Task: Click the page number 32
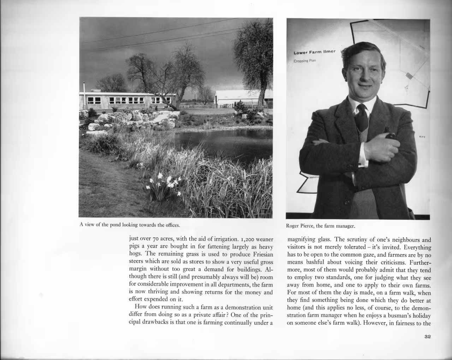428,337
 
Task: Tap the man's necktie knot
361,108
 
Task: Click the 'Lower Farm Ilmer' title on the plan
314,52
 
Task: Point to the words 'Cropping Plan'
305,61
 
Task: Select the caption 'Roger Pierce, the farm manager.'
320,226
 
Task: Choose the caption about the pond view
130,225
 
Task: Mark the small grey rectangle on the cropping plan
409,75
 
